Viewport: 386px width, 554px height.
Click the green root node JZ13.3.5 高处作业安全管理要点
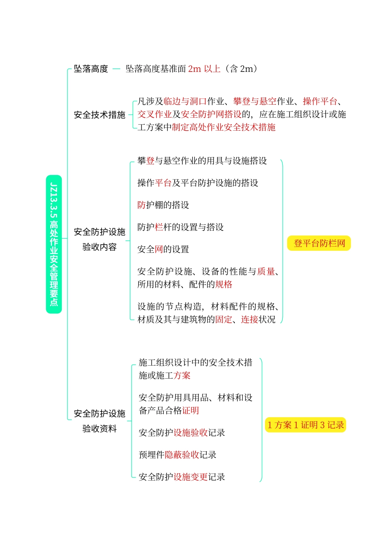(x=54, y=244)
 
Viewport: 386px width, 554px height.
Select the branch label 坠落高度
(x=91, y=69)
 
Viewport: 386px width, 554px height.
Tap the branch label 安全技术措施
(x=100, y=115)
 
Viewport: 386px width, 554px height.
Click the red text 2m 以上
(x=204, y=69)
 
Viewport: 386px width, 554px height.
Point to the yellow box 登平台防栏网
(x=319, y=244)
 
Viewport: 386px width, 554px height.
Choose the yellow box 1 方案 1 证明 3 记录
(x=305, y=425)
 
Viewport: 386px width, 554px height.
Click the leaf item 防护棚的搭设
(x=163, y=205)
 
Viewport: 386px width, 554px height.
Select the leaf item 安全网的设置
(x=163, y=249)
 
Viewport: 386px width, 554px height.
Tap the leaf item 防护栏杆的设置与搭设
(x=180, y=227)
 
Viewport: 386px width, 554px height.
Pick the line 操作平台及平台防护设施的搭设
(x=197, y=183)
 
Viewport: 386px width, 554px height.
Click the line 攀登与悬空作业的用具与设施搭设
(x=202, y=161)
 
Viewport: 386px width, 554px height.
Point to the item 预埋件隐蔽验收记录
(x=177, y=455)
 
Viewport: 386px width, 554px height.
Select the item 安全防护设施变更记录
(x=182, y=477)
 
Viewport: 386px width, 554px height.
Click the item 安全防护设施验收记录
(x=182, y=433)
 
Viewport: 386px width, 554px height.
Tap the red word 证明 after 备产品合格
(x=191, y=411)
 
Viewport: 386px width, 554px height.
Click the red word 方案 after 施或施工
(x=182, y=376)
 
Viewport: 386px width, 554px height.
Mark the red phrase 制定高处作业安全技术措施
(x=223, y=127)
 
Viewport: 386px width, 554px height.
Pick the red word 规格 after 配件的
(x=224, y=285)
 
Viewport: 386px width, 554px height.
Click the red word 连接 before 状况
(x=249, y=320)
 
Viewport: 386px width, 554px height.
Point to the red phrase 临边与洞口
(x=185, y=101)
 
